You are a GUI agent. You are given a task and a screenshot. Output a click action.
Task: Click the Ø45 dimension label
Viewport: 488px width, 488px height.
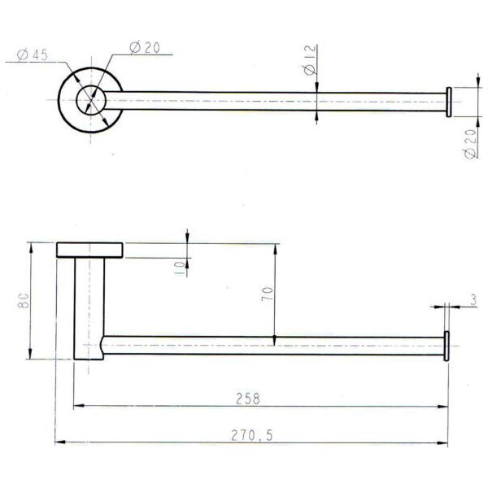[32, 54]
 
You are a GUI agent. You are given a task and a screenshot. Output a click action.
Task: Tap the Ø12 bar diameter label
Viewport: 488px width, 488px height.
[309, 61]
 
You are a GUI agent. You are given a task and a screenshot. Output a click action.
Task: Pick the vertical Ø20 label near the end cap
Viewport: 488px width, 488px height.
[471, 144]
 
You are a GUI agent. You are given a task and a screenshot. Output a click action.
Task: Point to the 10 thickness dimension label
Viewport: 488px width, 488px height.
[179, 266]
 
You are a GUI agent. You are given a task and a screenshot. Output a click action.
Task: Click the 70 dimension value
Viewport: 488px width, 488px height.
[266, 294]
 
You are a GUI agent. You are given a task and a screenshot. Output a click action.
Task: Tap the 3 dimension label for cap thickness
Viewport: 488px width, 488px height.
[473, 299]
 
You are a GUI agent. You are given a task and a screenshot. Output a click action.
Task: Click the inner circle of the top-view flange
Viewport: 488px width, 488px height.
[91, 101]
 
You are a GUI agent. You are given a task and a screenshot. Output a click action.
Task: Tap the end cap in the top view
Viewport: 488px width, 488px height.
[447, 101]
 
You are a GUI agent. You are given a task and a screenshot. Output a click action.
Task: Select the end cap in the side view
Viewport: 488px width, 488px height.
[447, 345]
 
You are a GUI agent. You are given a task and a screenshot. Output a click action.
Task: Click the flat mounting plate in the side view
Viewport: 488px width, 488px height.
[89, 250]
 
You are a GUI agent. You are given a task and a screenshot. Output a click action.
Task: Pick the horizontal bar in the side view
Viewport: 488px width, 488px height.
[268, 345]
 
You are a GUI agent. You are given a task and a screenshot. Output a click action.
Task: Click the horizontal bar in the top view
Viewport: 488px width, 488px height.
[268, 101]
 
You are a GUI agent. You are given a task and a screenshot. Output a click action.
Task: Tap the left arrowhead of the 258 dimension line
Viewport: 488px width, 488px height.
[78, 406]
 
